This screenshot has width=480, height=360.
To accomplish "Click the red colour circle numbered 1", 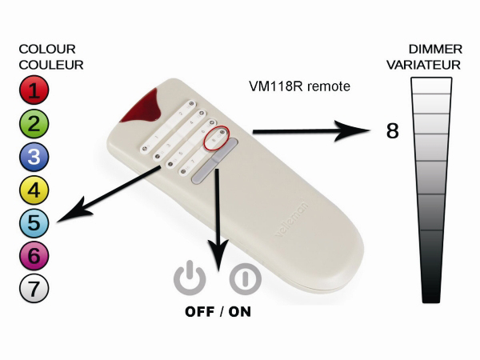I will click(33, 90).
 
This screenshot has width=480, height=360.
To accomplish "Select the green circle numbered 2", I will click(33, 123).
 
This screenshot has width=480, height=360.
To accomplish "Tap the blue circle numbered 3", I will click(33, 156).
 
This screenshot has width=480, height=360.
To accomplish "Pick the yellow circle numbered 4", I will click(33, 190).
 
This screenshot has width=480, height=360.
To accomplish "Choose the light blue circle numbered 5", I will click(33, 222).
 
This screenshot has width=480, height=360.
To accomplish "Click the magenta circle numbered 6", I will click(33, 256).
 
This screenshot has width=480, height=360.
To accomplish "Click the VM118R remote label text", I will click(300, 85).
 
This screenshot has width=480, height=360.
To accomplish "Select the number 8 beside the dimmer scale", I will click(392, 131).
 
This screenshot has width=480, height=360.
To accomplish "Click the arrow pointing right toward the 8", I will click(312, 130).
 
